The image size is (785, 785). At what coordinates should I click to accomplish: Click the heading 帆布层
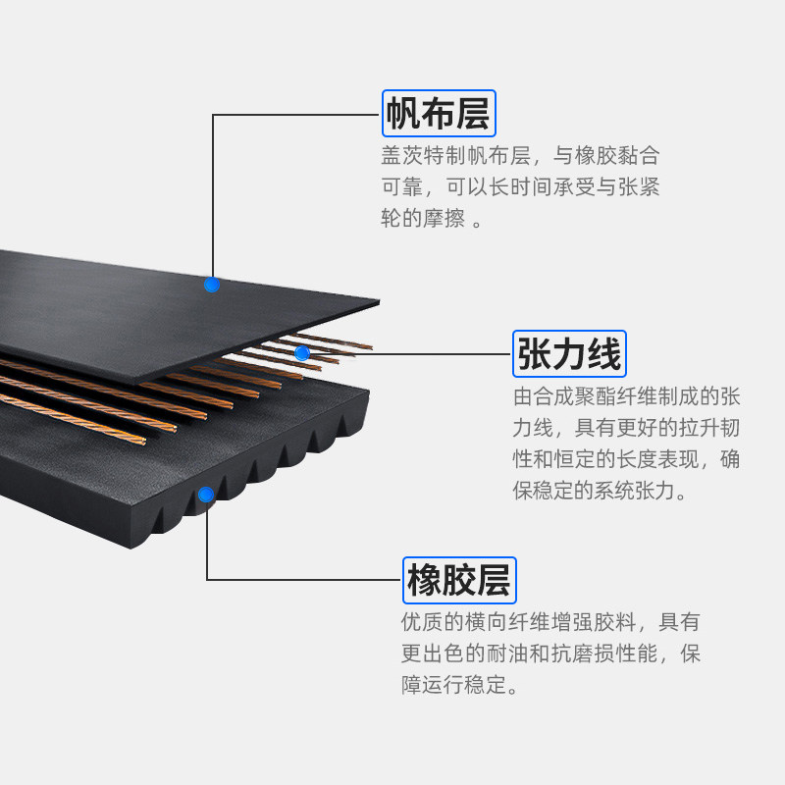point(438,114)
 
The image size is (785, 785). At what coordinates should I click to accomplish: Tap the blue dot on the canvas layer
point(211,285)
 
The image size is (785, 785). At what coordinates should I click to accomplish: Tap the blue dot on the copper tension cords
point(302,352)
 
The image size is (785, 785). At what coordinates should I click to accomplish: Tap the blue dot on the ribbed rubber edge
point(206,494)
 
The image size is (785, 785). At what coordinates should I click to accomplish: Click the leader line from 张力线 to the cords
point(412,353)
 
